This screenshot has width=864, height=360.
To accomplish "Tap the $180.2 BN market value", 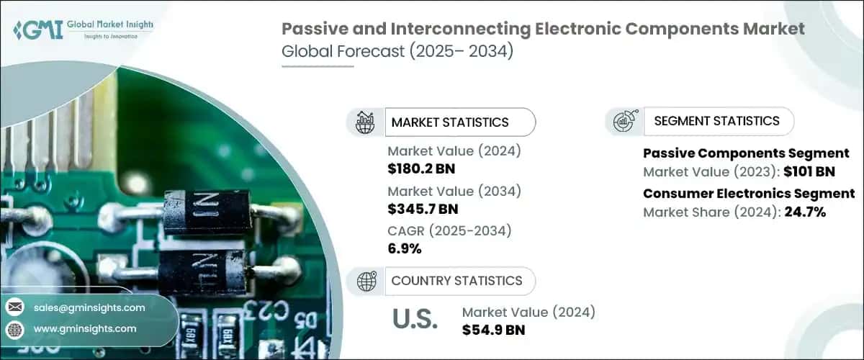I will [421, 169].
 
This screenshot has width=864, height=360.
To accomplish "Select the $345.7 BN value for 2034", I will [423, 210].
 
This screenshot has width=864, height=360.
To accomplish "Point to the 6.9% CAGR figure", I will [404, 249].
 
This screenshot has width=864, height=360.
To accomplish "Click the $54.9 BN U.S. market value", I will [493, 330].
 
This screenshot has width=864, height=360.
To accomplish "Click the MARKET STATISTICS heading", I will [449, 122].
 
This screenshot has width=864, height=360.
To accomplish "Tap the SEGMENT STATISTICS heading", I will [716, 121].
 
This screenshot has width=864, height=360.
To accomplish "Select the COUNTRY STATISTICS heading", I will [456, 281].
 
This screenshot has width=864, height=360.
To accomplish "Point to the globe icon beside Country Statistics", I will [367, 282].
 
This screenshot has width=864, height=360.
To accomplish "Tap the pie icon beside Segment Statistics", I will [624, 122].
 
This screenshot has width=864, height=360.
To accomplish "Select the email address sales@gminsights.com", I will [89, 307].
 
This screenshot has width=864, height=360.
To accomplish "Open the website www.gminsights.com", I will [85, 328].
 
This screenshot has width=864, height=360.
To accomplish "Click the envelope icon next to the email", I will [15, 307].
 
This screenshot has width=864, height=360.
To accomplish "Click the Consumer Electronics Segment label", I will [749, 194].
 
